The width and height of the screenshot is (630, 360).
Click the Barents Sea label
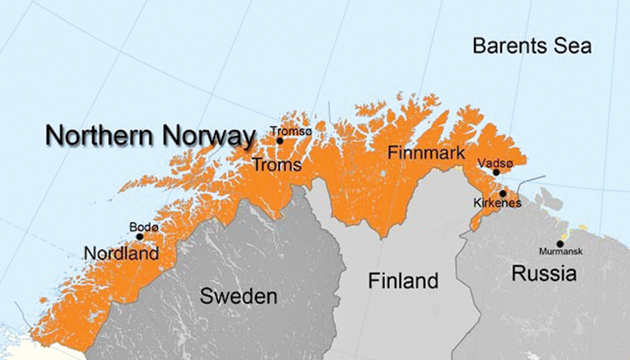click(532, 45)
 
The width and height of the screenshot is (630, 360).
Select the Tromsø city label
click(291, 132)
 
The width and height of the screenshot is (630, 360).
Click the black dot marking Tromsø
click(280, 141)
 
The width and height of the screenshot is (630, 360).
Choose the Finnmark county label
click(426, 154)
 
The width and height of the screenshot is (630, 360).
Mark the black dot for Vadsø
click(496, 172)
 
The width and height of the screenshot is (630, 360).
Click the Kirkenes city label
click(496, 203)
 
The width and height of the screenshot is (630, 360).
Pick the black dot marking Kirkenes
click(502, 193)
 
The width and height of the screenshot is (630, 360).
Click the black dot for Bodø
click(139, 236)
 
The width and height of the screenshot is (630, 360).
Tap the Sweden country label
click(238, 296)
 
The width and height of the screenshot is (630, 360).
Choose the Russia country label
click(544, 274)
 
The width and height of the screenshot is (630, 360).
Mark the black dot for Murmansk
click(560, 243)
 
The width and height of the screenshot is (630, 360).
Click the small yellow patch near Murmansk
click(583, 227)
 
